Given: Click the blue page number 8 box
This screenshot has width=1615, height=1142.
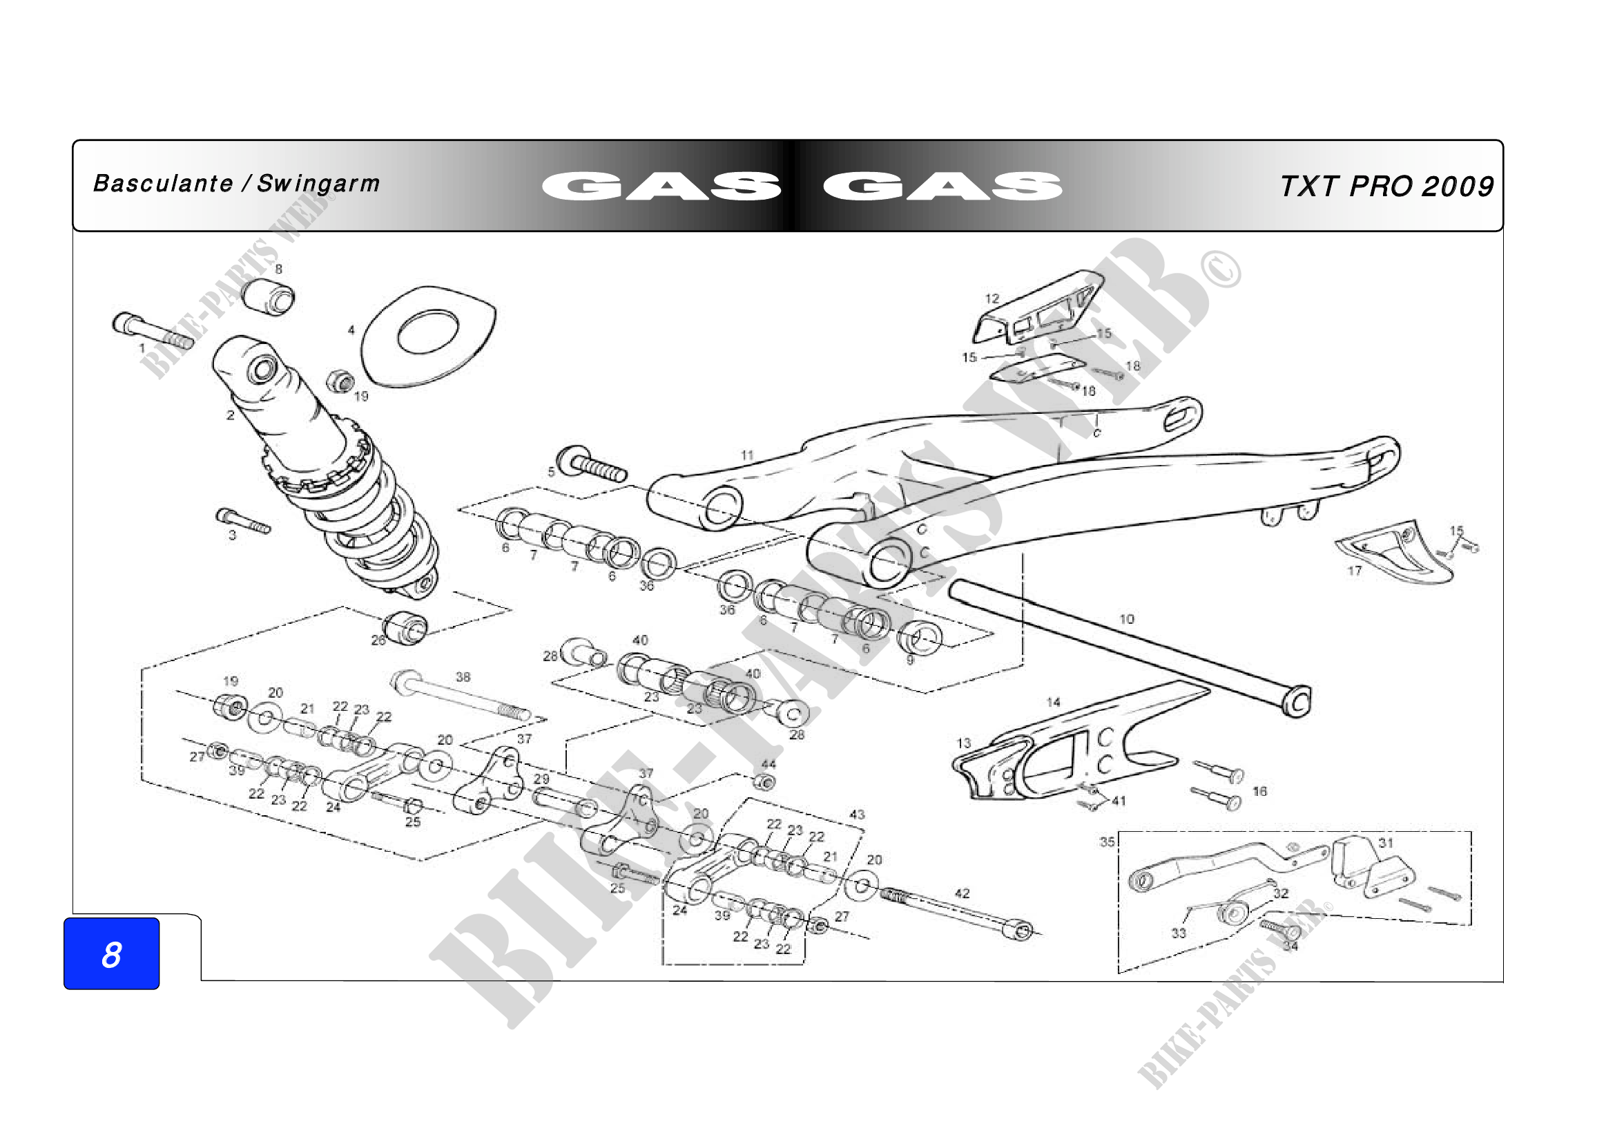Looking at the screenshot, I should (111, 953).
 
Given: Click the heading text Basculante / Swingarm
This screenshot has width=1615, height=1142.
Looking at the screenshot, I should (236, 184).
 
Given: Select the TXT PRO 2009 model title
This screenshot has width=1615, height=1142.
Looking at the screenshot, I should (1386, 187).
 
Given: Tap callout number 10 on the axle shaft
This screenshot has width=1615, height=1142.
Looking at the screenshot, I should (1126, 619).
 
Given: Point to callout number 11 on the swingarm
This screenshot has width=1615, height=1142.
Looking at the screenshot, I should (747, 455).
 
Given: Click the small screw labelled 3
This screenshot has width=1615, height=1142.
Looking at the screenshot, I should (242, 522).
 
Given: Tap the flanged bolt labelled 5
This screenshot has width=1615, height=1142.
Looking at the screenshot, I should (592, 464).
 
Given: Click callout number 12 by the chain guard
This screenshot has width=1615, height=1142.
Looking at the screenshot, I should (992, 298).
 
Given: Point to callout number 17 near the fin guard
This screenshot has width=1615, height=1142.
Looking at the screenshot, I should (1355, 571).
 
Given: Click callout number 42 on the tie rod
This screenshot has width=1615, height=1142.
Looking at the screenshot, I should (962, 893).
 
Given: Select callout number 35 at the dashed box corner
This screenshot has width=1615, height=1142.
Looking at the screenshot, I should (1107, 841).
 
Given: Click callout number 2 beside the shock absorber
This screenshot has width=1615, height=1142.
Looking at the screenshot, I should (230, 415).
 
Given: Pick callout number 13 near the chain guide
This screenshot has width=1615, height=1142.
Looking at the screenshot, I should (963, 743).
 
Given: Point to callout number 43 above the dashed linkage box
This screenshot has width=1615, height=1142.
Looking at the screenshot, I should (857, 814).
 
